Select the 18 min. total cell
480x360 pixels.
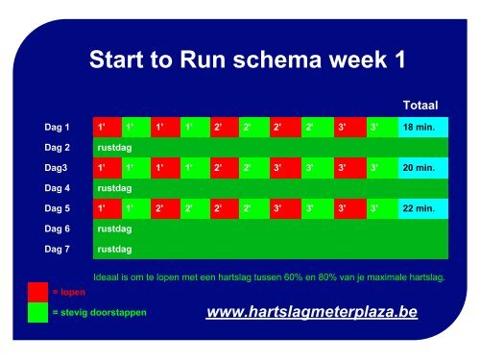click(x=422, y=127)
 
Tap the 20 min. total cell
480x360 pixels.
click(x=422, y=168)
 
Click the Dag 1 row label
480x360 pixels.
click(x=58, y=127)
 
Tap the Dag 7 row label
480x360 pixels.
click(x=58, y=250)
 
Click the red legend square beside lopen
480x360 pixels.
click(x=37, y=291)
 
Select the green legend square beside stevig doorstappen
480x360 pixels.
click(x=37, y=313)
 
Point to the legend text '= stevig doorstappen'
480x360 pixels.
click(x=100, y=313)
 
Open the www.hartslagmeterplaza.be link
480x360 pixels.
click(x=312, y=313)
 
